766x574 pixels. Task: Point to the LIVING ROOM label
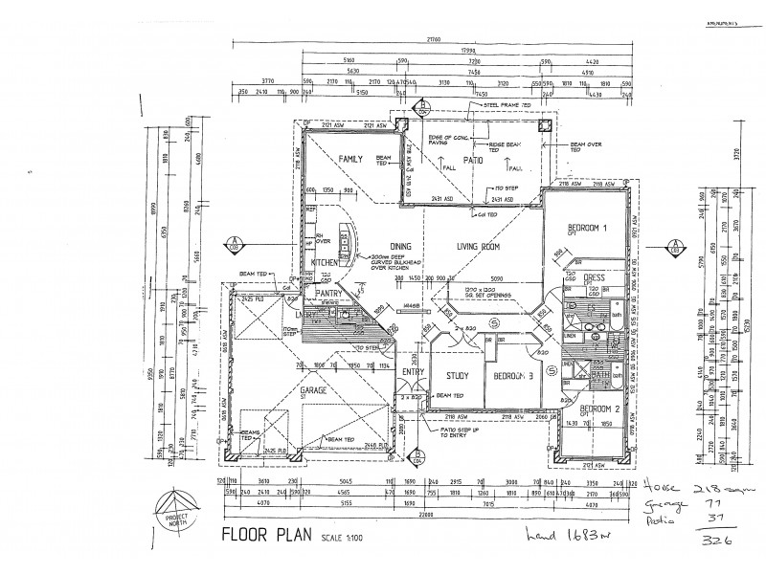point(479,246)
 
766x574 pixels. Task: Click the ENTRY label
point(413,372)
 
